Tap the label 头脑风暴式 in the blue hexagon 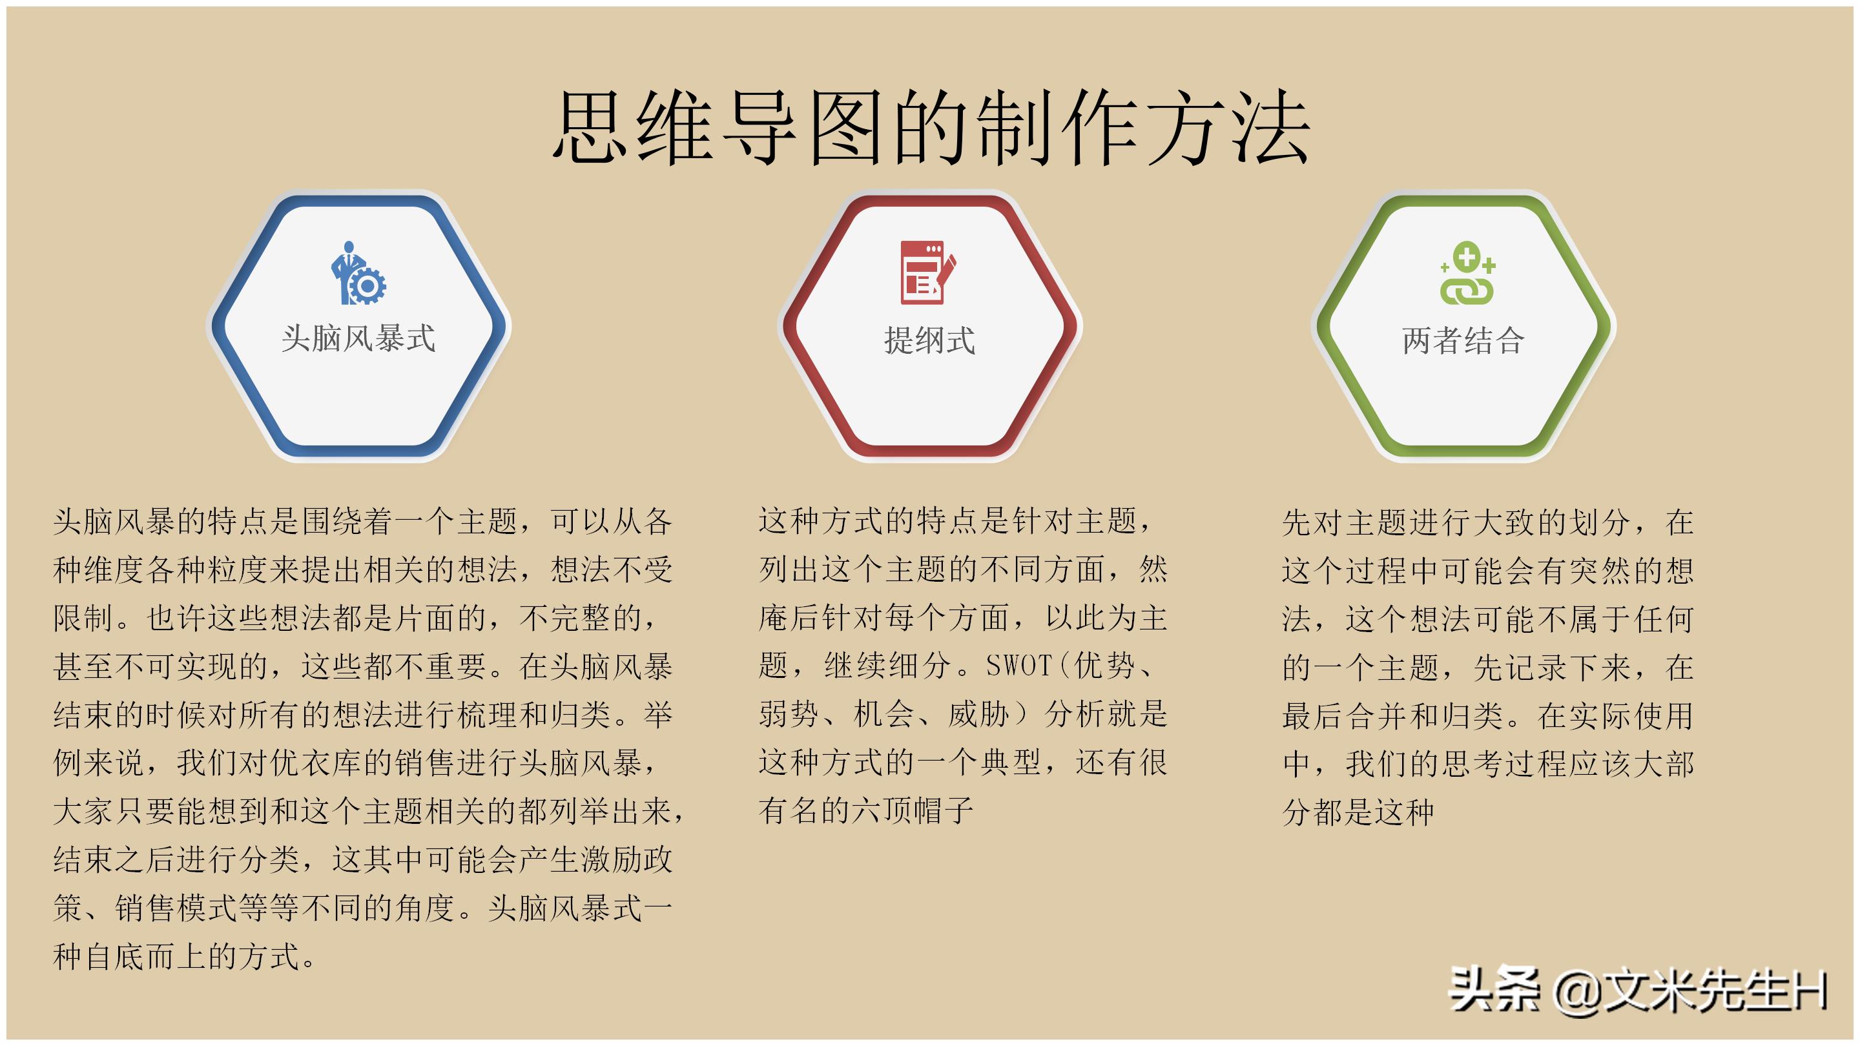pos(358,338)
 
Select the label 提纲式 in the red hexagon pos(929,340)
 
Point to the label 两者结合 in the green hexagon pos(1463,340)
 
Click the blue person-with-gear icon pos(358,274)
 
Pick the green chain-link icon pos(1467,274)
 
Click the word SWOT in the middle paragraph pos(1018,666)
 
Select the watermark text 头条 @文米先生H pos(1637,990)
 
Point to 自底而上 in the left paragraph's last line pos(145,956)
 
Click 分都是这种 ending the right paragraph pos(1358,812)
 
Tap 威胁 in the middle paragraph pos(978,714)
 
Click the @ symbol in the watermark pos(1578,991)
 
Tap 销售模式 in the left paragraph pos(176,908)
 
